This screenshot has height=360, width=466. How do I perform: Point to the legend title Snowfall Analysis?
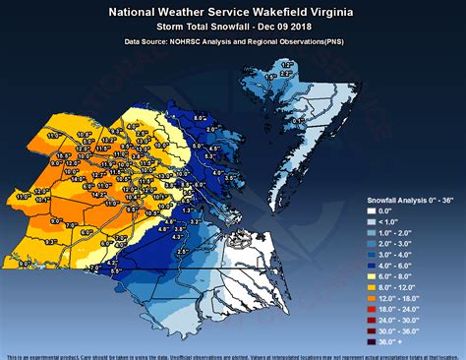tap(393, 199)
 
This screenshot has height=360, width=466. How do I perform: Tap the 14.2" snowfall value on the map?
tap(99, 195)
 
